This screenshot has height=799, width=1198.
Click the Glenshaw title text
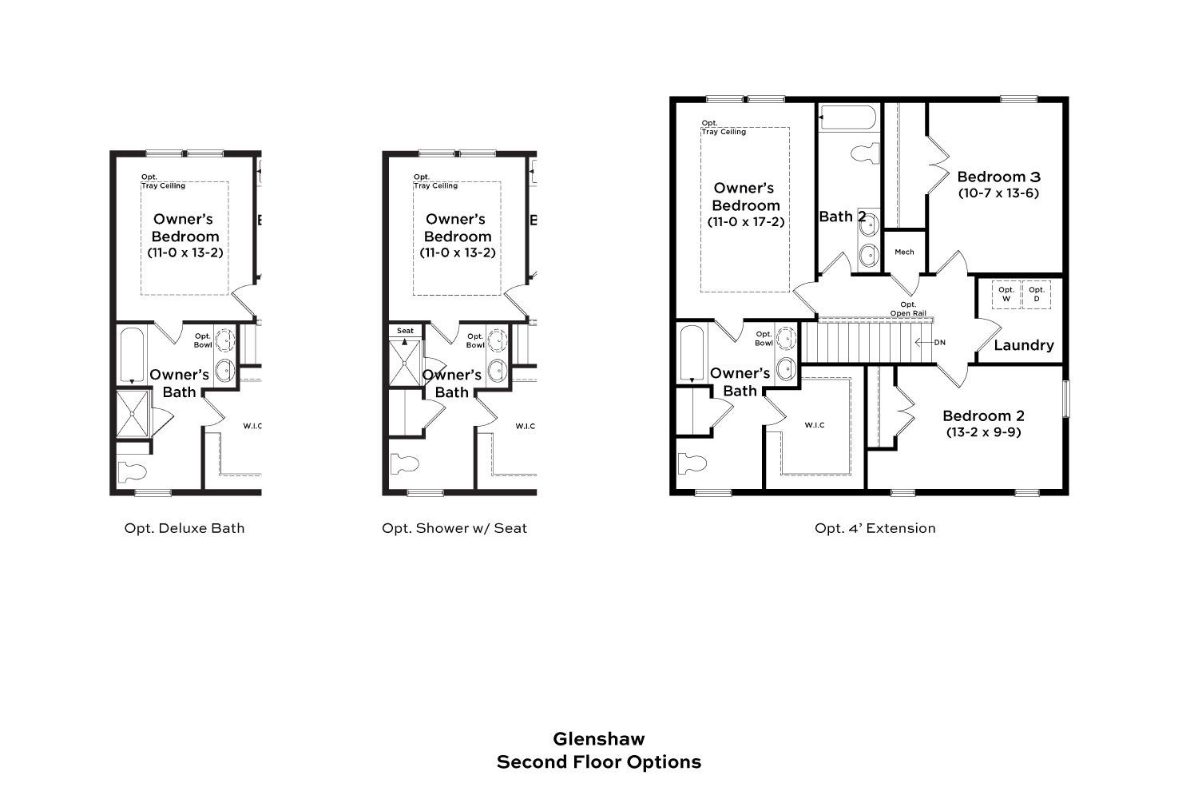(x=598, y=739)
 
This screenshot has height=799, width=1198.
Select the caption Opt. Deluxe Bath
(x=184, y=528)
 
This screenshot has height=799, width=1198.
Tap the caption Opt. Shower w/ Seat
(x=454, y=528)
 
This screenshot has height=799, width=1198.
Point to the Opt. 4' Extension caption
(x=875, y=528)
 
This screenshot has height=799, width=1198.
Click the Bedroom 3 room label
(x=998, y=177)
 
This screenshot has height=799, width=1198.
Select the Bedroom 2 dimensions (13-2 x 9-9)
(x=983, y=432)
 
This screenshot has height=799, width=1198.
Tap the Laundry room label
(x=1024, y=345)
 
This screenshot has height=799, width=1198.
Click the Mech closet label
(x=904, y=252)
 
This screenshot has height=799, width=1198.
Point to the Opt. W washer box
(x=1006, y=294)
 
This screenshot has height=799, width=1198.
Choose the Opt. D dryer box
(x=1037, y=294)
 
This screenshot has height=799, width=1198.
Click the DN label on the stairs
(x=940, y=343)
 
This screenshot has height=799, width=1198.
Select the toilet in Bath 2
(x=865, y=153)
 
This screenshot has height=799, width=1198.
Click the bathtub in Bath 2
(x=848, y=117)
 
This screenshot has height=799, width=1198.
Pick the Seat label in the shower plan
(x=405, y=331)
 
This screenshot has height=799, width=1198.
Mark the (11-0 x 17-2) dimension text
(x=746, y=221)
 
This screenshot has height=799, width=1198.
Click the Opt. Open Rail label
(x=908, y=308)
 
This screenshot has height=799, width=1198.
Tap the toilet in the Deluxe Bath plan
(x=132, y=472)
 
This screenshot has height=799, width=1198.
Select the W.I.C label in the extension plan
(x=815, y=425)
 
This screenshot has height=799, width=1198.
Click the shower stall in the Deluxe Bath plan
(x=132, y=414)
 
